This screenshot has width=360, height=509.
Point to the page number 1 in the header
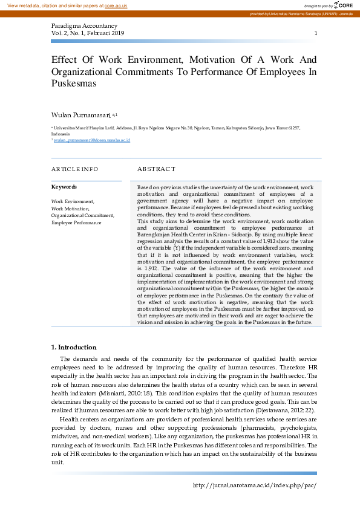click(315, 33)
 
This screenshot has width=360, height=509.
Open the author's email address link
click(91, 140)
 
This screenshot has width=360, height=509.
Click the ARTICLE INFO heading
click(74, 169)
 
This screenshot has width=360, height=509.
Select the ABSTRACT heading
click(156, 169)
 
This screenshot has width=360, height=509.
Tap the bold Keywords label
click(64, 187)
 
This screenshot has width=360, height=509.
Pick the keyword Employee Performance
click(76, 222)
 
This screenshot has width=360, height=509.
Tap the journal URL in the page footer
click(254, 485)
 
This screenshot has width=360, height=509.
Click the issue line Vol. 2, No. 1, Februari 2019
click(88, 33)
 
